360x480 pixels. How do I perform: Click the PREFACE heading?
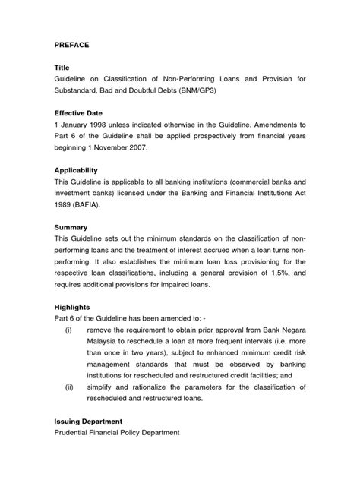coord(72,46)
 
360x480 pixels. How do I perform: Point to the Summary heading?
coord(72,227)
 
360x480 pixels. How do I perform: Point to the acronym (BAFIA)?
coord(91,205)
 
